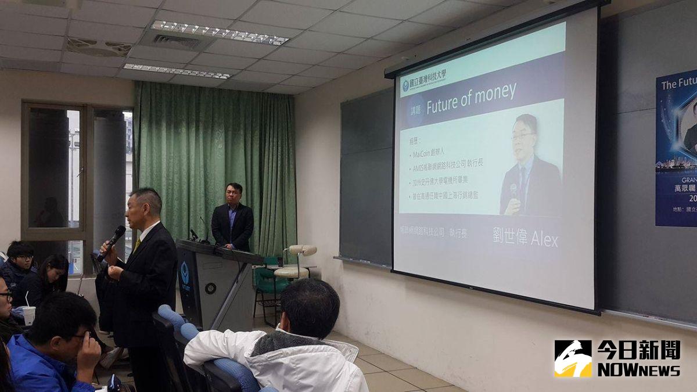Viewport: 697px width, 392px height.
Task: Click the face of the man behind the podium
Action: (x=233, y=195)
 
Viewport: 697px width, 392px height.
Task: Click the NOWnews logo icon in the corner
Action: (x=572, y=358)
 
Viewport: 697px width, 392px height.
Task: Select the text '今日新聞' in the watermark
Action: (x=638, y=350)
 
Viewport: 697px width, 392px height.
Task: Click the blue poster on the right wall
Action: (x=676, y=148)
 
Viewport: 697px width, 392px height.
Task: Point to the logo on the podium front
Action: (x=185, y=273)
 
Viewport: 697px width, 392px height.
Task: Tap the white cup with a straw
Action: (x=28, y=315)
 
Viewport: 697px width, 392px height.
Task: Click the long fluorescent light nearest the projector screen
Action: (x=219, y=33)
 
